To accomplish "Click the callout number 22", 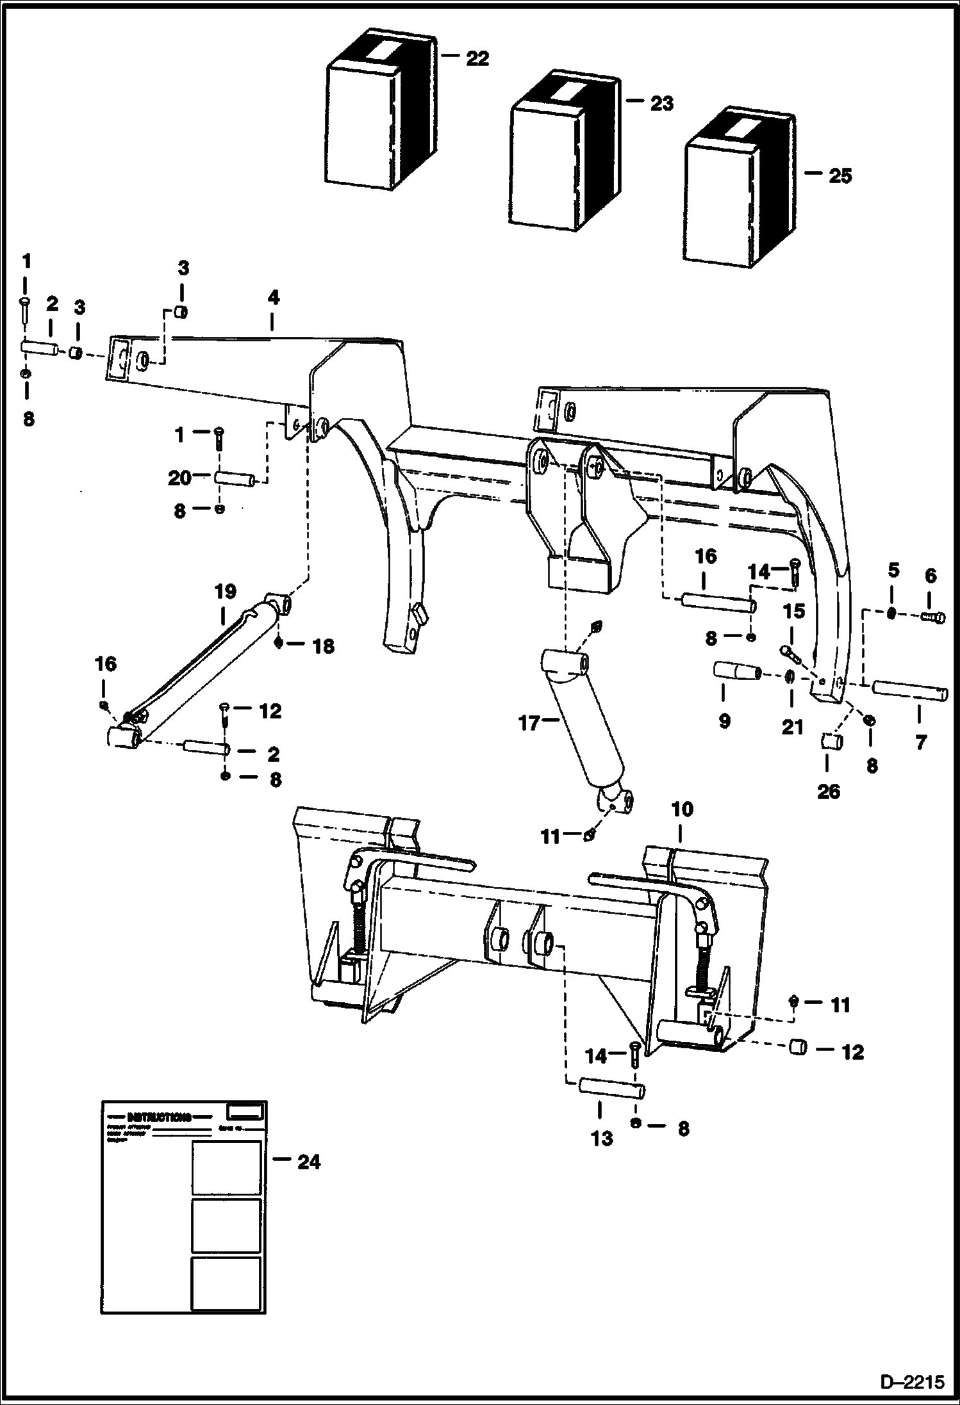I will click(x=477, y=59).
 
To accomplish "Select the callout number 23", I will click(x=661, y=103).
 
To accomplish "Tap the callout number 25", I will click(x=840, y=175).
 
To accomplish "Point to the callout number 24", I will click(x=308, y=1162).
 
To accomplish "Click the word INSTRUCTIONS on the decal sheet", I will click(x=159, y=1117).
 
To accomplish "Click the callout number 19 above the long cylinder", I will click(x=225, y=591).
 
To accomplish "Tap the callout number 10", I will click(x=683, y=809).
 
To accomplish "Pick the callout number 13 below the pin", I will click(x=602, y=1138).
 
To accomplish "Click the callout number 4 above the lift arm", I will click(x=274, y=298).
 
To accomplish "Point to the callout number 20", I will click(x=180, y=478).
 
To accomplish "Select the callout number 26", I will click(x=828, y=792).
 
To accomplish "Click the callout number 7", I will click(x=920, y=743).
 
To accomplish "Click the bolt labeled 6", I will click(x=935, y=617).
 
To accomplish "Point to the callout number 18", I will click(x=323, y=646).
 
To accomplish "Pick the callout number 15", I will click(x=794, y=612).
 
